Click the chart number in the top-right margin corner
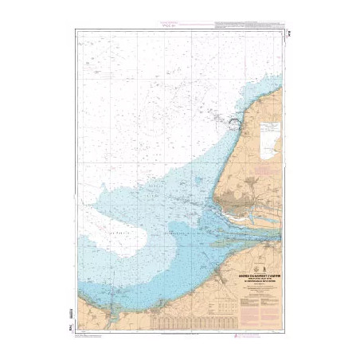pos(288,32)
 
